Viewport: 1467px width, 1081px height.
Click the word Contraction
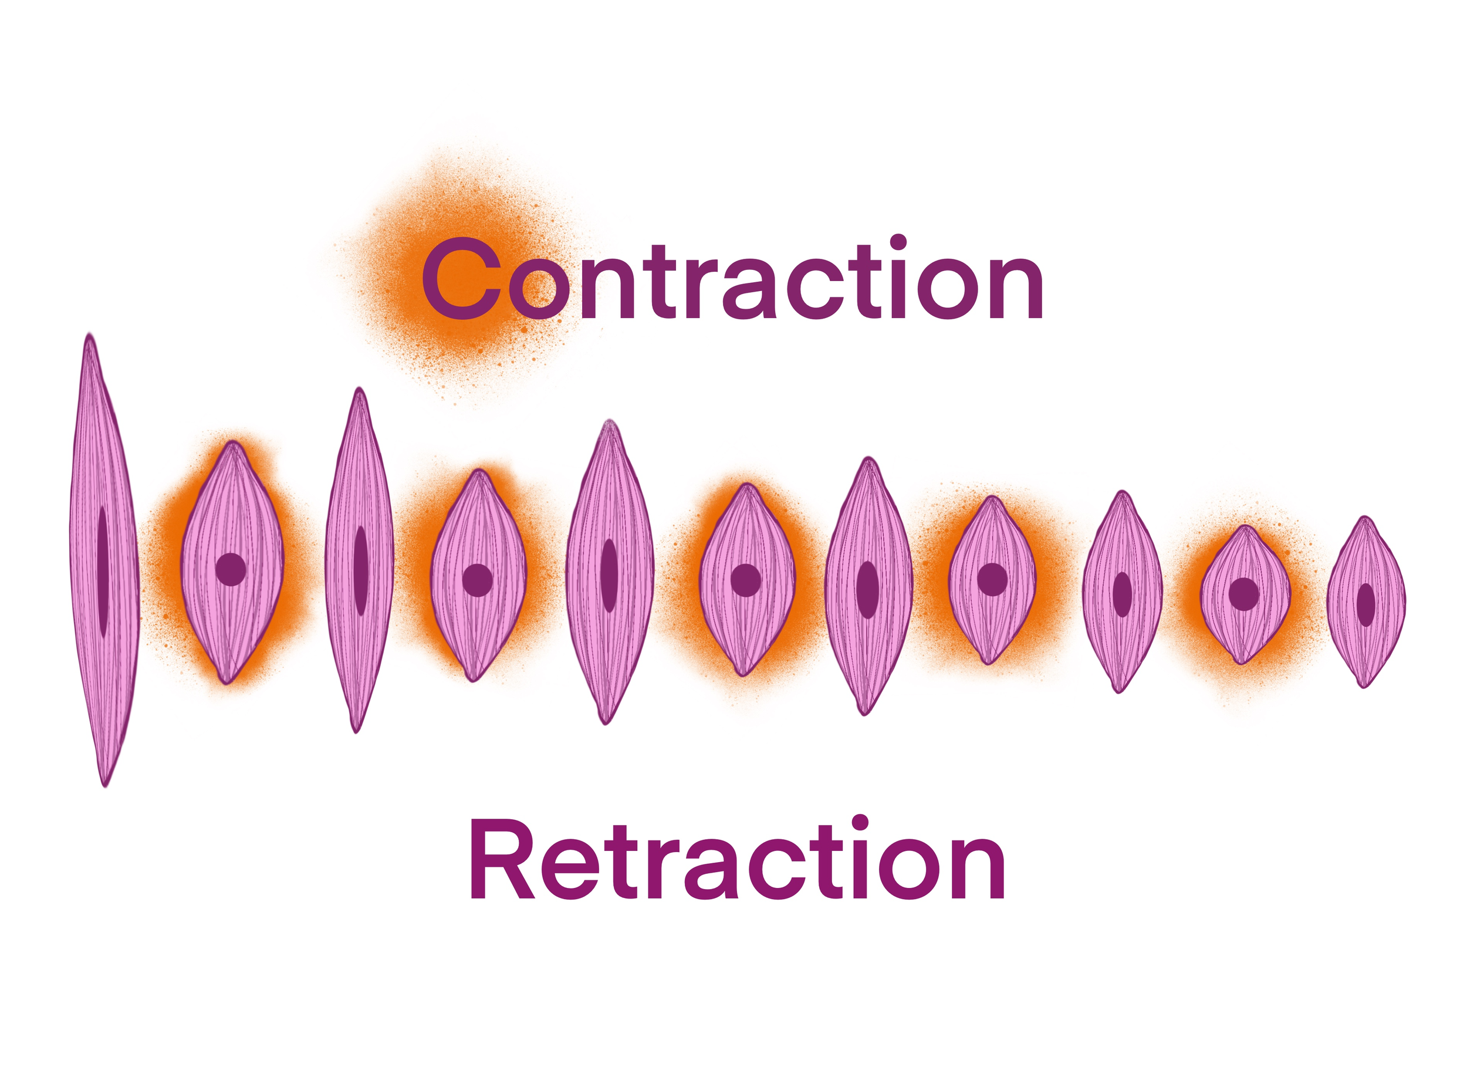pos(732,279)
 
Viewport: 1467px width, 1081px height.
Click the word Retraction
pos(738,859)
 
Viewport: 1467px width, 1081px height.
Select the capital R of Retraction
pos(500,860)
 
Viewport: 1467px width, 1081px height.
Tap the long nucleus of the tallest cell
pos(103,570)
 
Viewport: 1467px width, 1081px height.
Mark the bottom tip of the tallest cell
pos(104,783)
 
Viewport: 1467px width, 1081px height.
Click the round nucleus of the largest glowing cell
pos(231,569)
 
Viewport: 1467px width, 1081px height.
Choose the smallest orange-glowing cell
pos(1245,594)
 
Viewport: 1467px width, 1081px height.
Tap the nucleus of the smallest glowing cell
pos(1244,594)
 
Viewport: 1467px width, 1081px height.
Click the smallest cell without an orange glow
pos(1366,602)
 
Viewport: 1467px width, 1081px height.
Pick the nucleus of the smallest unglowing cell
pos(1365,604)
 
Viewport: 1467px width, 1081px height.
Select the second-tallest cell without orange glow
pos(359,559)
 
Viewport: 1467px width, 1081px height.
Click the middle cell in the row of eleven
pos(745,579)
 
